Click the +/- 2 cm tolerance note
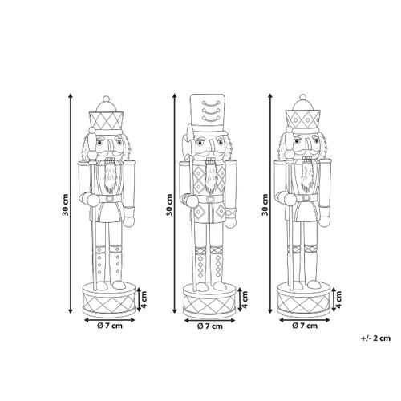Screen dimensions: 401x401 click(x=375, y=338)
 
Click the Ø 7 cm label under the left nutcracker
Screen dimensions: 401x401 click(x=110, y=326)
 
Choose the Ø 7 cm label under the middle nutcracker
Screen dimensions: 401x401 click(x=210, y=326)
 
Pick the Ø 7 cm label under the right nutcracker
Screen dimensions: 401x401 click(x=305, y=326)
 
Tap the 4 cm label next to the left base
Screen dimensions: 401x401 click(x=144, y=299)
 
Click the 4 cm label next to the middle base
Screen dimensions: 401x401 click(x=245, y=299)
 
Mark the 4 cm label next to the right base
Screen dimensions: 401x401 click(x=339, y=299)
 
